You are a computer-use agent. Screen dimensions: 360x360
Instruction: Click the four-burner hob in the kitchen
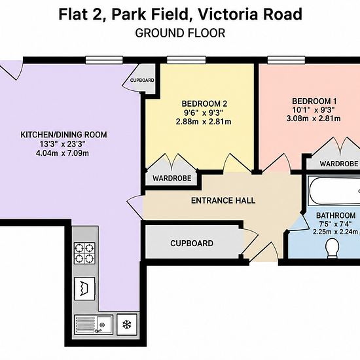84,253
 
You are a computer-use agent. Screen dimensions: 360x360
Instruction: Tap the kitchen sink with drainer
94,325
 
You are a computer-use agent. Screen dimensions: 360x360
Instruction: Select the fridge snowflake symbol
127,325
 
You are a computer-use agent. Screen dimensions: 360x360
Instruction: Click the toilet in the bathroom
333,248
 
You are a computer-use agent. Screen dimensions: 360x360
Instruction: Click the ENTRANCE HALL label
223,200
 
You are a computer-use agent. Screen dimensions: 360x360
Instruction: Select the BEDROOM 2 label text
204,103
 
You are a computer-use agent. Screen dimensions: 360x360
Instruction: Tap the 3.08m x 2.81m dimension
314,118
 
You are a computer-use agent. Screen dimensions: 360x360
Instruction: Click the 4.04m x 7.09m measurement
62,153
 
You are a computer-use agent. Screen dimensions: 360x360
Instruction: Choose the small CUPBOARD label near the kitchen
142,81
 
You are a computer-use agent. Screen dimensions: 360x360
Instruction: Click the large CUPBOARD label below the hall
192,243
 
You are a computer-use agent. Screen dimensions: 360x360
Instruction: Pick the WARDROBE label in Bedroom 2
171,178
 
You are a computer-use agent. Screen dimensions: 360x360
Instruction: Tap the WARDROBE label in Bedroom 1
339,164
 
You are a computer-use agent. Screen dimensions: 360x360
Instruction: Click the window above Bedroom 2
186,60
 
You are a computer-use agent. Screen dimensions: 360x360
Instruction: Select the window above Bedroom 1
286,60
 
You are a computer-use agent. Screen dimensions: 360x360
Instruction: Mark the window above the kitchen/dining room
105,60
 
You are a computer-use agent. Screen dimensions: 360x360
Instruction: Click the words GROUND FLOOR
180,33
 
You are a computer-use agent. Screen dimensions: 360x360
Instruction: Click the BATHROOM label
336,215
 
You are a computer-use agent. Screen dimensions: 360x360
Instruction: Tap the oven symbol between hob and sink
84,289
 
